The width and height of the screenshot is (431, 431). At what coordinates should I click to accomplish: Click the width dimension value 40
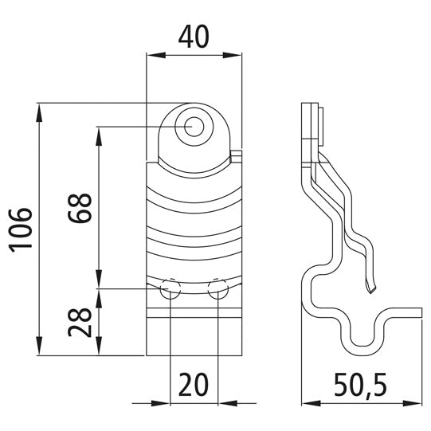[194, 37]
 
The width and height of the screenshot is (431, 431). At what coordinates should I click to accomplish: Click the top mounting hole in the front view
[193, 126]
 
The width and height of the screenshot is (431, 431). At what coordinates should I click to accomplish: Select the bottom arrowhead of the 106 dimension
[39, 350]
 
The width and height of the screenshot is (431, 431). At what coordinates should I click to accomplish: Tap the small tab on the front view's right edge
[236, 152]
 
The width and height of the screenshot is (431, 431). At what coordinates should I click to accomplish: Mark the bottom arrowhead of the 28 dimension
[99, 350]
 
